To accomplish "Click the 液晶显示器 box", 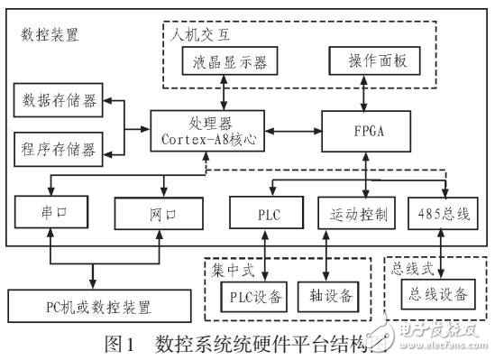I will click(230, 61).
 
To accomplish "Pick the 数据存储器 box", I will click(58, 101).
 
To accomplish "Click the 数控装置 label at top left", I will click(49, 35).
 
